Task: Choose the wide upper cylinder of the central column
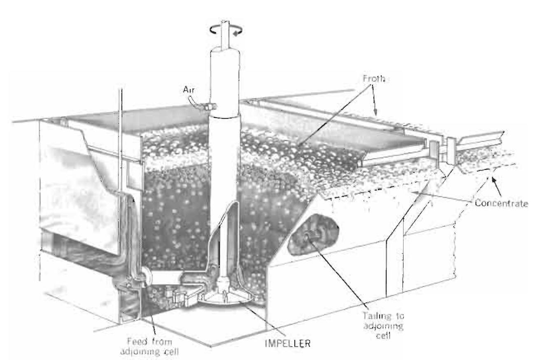(x=225, y=78)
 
